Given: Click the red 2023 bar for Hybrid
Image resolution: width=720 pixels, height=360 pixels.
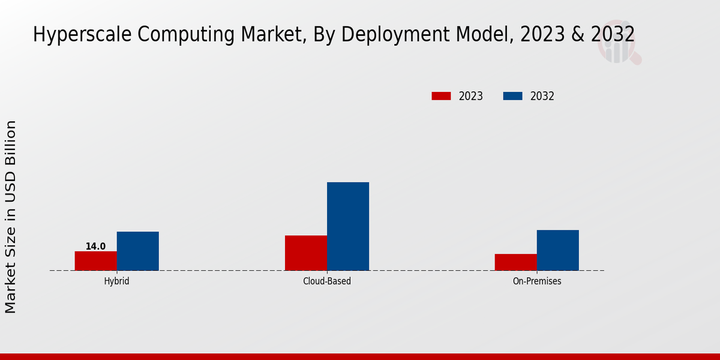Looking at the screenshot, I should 96,261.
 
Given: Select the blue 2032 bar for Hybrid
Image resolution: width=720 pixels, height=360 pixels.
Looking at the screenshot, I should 138,251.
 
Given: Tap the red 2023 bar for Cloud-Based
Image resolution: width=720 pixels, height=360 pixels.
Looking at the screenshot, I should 306,253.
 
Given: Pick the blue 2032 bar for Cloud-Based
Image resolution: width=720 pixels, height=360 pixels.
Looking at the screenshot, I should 348,226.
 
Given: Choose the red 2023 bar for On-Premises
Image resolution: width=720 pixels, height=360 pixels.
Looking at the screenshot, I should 516,262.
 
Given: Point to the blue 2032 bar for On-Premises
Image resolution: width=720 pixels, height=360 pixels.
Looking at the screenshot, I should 558,250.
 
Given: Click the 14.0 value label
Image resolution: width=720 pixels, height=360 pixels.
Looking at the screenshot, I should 95,247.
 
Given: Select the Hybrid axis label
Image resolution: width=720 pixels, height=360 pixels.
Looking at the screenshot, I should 116,281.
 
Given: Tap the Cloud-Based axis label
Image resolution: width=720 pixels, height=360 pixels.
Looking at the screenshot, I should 327,281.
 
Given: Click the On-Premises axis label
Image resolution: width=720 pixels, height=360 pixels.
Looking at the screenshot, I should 537,281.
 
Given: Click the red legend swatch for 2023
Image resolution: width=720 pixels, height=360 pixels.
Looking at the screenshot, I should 441,96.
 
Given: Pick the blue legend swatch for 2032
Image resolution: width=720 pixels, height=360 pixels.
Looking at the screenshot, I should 512,96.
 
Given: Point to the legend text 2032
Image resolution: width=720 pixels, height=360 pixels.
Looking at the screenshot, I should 542,96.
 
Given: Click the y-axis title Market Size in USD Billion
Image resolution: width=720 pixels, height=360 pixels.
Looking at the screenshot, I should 11,216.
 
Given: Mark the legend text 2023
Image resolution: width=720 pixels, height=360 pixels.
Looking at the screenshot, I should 471,96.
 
